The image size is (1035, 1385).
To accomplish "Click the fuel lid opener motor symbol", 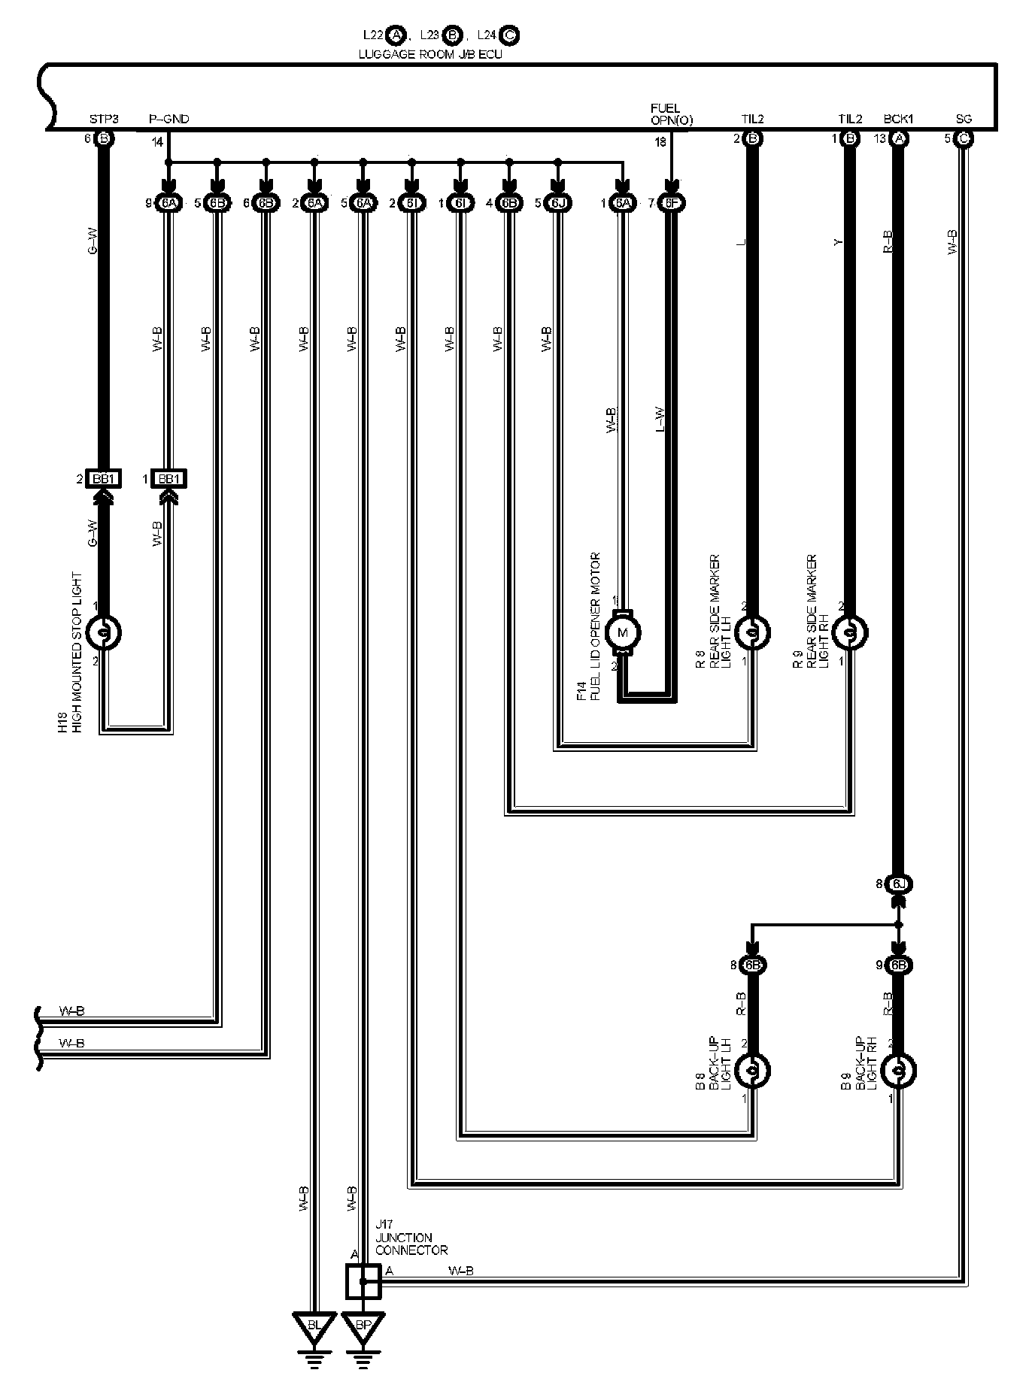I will (x=623, y=632).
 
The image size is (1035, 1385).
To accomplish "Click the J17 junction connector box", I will (x=363, y=1281).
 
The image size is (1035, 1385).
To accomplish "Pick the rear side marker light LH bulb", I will (x=751, y=633).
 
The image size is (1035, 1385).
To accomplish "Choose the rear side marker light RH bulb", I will (x=848, y=633).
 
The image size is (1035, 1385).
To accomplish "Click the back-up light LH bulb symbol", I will (x=751, y=1071).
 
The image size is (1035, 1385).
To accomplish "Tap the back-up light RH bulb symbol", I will (x=897, y=1071).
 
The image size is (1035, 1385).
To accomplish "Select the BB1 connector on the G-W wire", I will (x=103, y=479).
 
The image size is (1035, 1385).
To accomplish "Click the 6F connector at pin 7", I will (x=671, y=203).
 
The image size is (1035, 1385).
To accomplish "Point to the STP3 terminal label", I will (x=104, y=119).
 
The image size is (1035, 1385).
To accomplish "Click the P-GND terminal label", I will (x=168, y=119).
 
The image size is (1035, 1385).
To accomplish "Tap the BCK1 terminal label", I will (x=898, y=119).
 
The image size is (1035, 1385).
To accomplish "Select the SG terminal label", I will (x=964, y=119).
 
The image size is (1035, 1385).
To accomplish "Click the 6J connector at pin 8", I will (x=897, y=884).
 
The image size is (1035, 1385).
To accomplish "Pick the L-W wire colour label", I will (x=660, y=419).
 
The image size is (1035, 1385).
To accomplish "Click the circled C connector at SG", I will (x=964, y=138).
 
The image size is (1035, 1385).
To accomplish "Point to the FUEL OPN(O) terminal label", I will (x=671, y=114).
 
